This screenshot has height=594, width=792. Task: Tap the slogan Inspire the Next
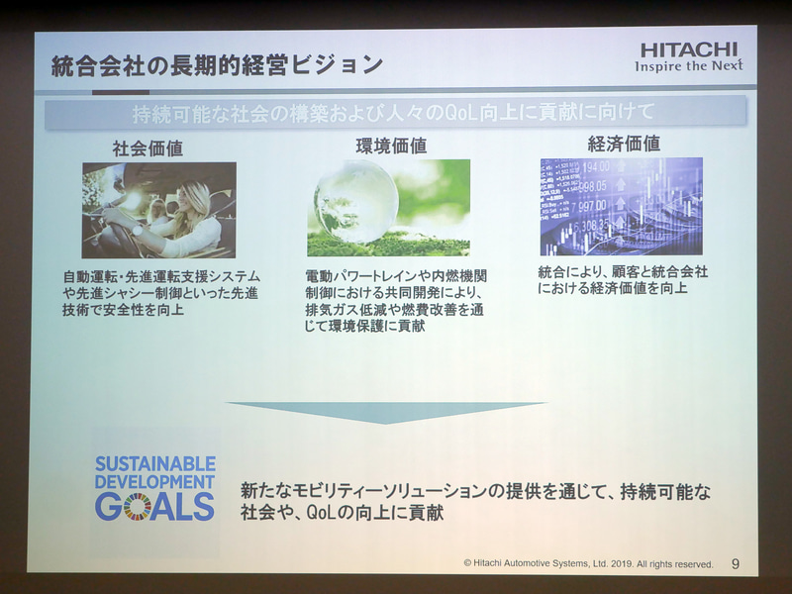[x=689, y=66]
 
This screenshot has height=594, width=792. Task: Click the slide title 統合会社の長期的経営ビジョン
[x=217, y=66]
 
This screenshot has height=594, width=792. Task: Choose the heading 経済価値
[x=624, y=144]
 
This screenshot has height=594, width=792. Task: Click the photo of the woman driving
[x=158, y=210]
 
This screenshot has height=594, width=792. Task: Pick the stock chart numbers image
[x=621, y=206]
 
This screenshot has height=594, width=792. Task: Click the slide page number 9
[x=735, y=563]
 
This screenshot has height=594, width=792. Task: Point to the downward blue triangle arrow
[x=385, y=411]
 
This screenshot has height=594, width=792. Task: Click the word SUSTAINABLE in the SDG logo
[x=155, y=463]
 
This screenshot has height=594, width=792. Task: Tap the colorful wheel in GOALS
[x=137, y=507]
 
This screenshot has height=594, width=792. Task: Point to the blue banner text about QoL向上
[x=395, y=111]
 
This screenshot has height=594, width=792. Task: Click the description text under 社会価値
[x=161, y=292]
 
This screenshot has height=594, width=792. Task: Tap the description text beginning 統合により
[x=624, y=280]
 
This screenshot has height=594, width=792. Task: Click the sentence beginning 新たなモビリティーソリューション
[x=476, y=502]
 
